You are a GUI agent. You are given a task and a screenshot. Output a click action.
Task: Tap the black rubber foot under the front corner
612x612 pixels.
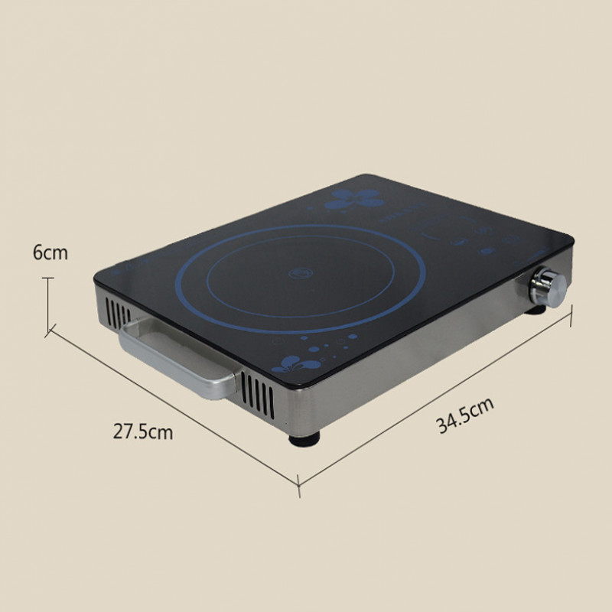(x=303, y=438)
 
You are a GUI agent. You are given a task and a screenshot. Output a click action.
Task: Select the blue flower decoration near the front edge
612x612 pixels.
(x=291, y=363)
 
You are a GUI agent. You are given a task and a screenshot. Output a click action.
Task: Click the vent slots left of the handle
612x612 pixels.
(x=114, y=314)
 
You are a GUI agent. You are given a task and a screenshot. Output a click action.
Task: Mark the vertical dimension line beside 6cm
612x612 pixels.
(x=49, y=304)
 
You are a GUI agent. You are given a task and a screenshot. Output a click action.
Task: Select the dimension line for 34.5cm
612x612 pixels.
(x=436, y=405)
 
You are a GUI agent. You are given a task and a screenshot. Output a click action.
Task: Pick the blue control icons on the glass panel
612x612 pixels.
(x=474, y=237)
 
